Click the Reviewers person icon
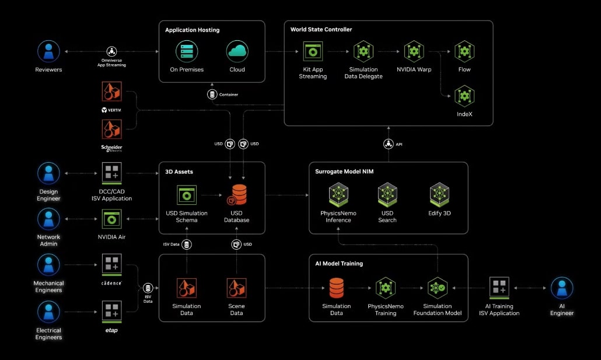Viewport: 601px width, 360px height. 48,51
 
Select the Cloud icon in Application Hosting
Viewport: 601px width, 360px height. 237,51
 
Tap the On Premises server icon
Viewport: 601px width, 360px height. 187,51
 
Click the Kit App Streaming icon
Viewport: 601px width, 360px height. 313,51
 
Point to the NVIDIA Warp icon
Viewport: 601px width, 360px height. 414,51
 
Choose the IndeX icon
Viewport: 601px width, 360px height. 464,95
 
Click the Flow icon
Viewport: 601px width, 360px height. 464,51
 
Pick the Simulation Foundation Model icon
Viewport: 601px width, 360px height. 437,288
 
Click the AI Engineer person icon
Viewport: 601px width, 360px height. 562,288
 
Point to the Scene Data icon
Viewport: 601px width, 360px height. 236,288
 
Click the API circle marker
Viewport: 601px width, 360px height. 388,144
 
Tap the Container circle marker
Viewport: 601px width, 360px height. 212,94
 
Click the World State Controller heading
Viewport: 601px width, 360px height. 321,29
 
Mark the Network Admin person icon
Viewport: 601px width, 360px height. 48,219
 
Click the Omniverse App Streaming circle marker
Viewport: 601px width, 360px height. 111,51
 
